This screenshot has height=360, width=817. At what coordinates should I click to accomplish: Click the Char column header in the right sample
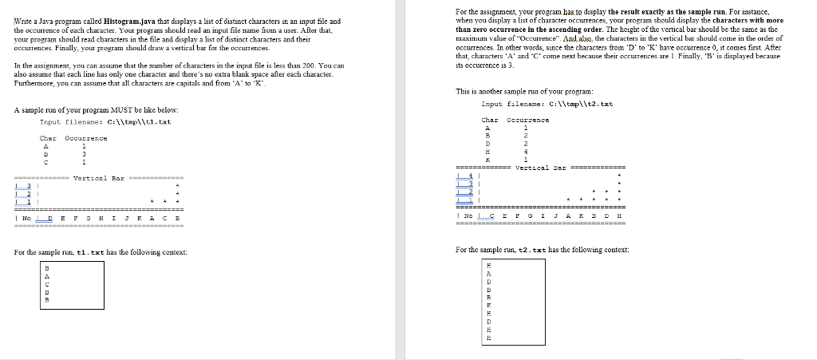(x=489, y=120)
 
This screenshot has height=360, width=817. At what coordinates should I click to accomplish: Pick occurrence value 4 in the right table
(x=525, y=152)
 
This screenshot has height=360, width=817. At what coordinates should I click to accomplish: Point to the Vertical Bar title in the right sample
(x=539, y=168)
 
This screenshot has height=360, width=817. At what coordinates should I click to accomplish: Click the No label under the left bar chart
(x=28, y=218)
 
